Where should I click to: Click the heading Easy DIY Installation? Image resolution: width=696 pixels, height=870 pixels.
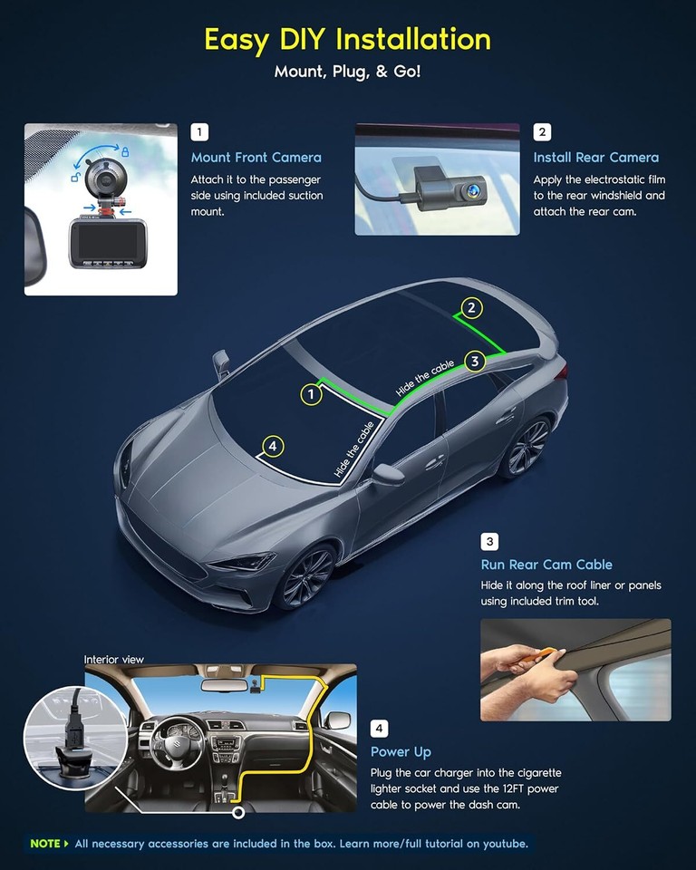pyautogui.click(x=347, y=40)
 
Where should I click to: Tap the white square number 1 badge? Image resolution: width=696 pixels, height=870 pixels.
pyautogui.click(x=199, y=132)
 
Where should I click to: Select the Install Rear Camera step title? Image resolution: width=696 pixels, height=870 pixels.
pyautogui.click(x=595, y=158)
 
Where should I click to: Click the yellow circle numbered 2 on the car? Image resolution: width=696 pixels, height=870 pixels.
pyautogui.click(x=470, y=308)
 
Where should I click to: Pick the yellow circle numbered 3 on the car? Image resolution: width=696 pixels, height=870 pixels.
pyautogui.click(x=475, y=362)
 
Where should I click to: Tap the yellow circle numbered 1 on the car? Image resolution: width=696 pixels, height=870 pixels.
pyautogui.click(x=312, y=394)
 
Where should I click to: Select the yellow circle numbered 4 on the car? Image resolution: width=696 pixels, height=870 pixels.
pyautogui.click(x=271, y=446)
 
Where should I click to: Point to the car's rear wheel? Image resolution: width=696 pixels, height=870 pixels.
pyautogui.click(x=528, y=447)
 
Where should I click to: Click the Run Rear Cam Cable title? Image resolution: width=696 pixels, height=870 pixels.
pyautogui.click(x=546, y=565)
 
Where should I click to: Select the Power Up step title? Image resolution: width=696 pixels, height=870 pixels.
pyautogui.click(x=401, y=752)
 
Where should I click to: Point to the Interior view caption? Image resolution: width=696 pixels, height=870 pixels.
pyautogui.click(x=114, y=660)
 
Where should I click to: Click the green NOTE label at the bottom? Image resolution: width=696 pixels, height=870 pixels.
pyautogui.click(x=45, y=844)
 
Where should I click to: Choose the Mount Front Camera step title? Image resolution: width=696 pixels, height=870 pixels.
pyautogui.click(x=256, y=158)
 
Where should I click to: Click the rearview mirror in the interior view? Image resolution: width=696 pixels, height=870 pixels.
pyautogui.click(x=225, y=685)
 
